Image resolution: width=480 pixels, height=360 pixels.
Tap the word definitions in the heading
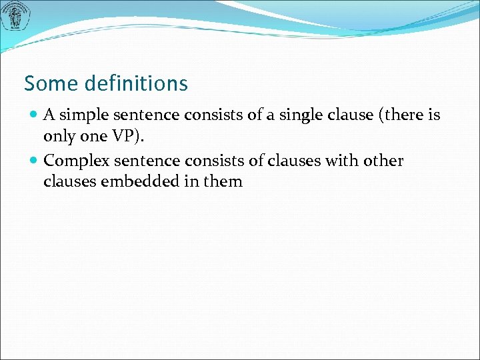tap(136, 84)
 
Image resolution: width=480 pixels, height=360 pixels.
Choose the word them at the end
tap(223, 181)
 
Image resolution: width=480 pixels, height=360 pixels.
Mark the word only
tap(58, 135)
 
